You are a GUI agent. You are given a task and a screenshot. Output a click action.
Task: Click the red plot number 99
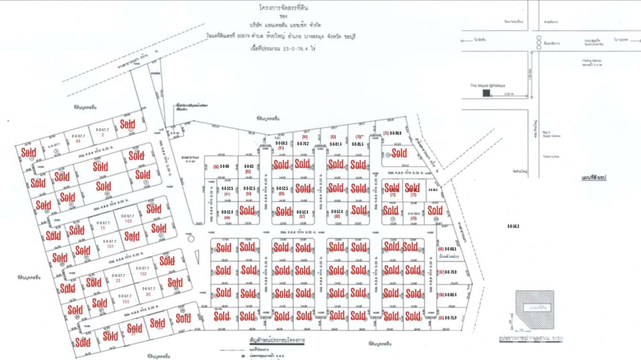point(78,142)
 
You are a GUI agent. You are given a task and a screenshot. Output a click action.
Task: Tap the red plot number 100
point(128,222)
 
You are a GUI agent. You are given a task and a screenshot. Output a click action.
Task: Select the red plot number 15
point(103,228)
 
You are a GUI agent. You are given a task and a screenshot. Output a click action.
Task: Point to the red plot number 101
point(110,246)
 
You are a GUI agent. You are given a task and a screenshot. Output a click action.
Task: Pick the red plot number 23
point(118,281)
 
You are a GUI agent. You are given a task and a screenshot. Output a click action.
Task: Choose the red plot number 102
point(143,274)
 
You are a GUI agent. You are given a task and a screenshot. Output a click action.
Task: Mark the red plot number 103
point(126,302)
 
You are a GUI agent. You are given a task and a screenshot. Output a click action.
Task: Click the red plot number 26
point(148,294)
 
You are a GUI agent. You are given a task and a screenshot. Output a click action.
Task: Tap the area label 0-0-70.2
point(303,144)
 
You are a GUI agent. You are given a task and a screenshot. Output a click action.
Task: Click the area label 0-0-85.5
point(358,144)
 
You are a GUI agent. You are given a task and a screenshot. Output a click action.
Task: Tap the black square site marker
point(486,94)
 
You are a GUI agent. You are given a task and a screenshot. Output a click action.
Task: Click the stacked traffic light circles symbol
point(539,42)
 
